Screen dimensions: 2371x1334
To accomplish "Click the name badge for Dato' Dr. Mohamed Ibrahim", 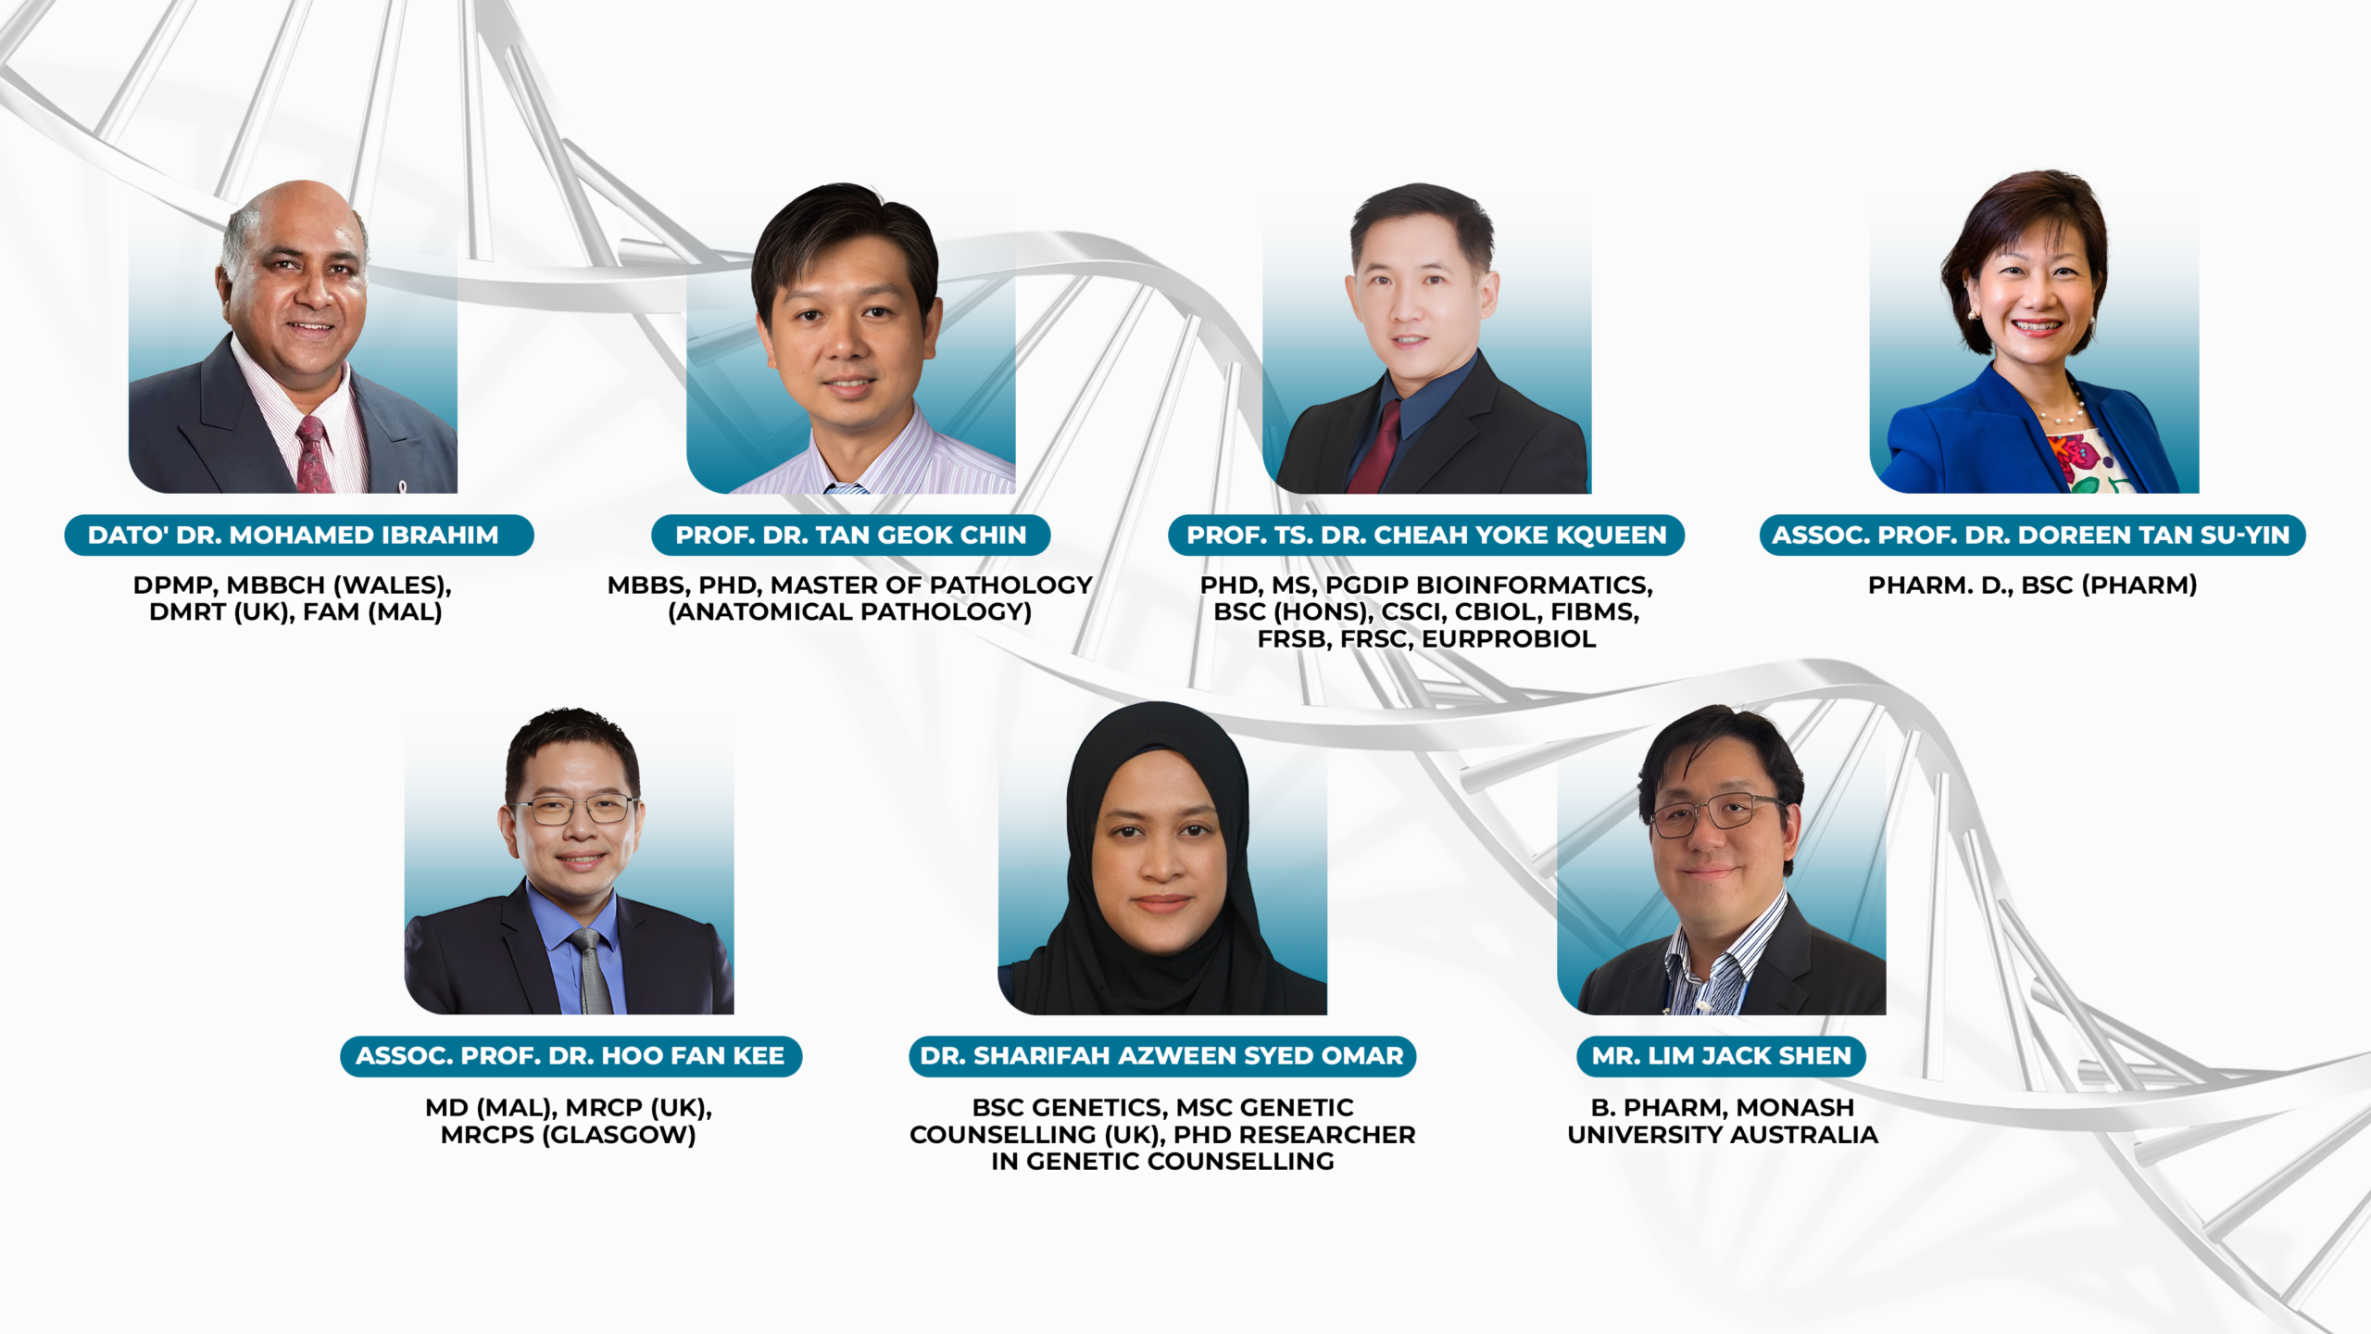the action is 298,535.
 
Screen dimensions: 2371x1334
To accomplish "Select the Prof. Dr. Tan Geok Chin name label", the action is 850,535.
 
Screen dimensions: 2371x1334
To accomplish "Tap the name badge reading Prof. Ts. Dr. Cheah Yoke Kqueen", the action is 1426,535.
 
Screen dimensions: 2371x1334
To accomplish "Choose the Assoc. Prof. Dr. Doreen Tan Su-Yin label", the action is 2032,535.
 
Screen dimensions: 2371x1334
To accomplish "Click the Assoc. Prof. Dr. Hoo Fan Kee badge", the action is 571,1056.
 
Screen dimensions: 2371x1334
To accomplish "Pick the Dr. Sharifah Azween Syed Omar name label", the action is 1162,1056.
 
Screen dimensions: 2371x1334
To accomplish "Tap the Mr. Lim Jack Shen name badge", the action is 1721,1056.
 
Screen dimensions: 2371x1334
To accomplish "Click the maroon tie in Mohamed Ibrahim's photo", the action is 313,455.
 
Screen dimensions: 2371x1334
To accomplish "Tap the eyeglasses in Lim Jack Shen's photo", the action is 1716,812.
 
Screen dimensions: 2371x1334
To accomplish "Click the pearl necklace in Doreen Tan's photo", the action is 2064,412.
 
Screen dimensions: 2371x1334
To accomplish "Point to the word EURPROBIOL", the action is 1509,639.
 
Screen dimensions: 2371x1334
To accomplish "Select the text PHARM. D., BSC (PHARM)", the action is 2032,585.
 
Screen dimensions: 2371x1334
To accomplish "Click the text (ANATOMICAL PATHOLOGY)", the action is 849,612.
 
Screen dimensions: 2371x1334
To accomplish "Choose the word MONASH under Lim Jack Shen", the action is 1795,1108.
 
